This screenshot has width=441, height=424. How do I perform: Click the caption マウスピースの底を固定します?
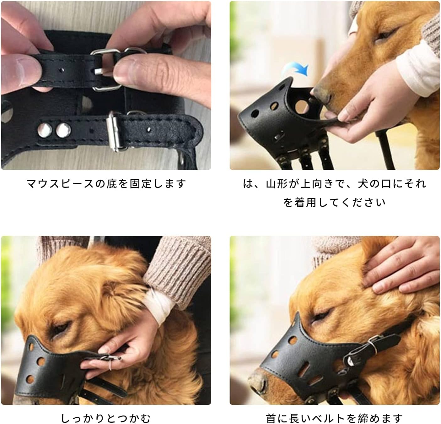click(x=106, y=184)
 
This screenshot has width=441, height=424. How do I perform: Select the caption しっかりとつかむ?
click(x=106, y=418)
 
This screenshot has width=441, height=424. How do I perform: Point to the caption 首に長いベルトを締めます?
click(x=335, y=418)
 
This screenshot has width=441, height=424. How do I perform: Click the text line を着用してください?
click(x=335, y=203)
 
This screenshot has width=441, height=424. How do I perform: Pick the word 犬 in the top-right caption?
click(x=363, y=184)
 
